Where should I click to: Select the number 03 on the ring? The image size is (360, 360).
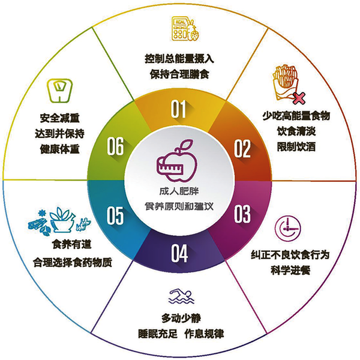pyautogui.click(x=242, y=213)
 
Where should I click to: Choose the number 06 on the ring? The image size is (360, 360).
pyautogui.click(x=116, y=146)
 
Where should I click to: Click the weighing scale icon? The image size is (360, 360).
pyautogui.click(x=58, y=89)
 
